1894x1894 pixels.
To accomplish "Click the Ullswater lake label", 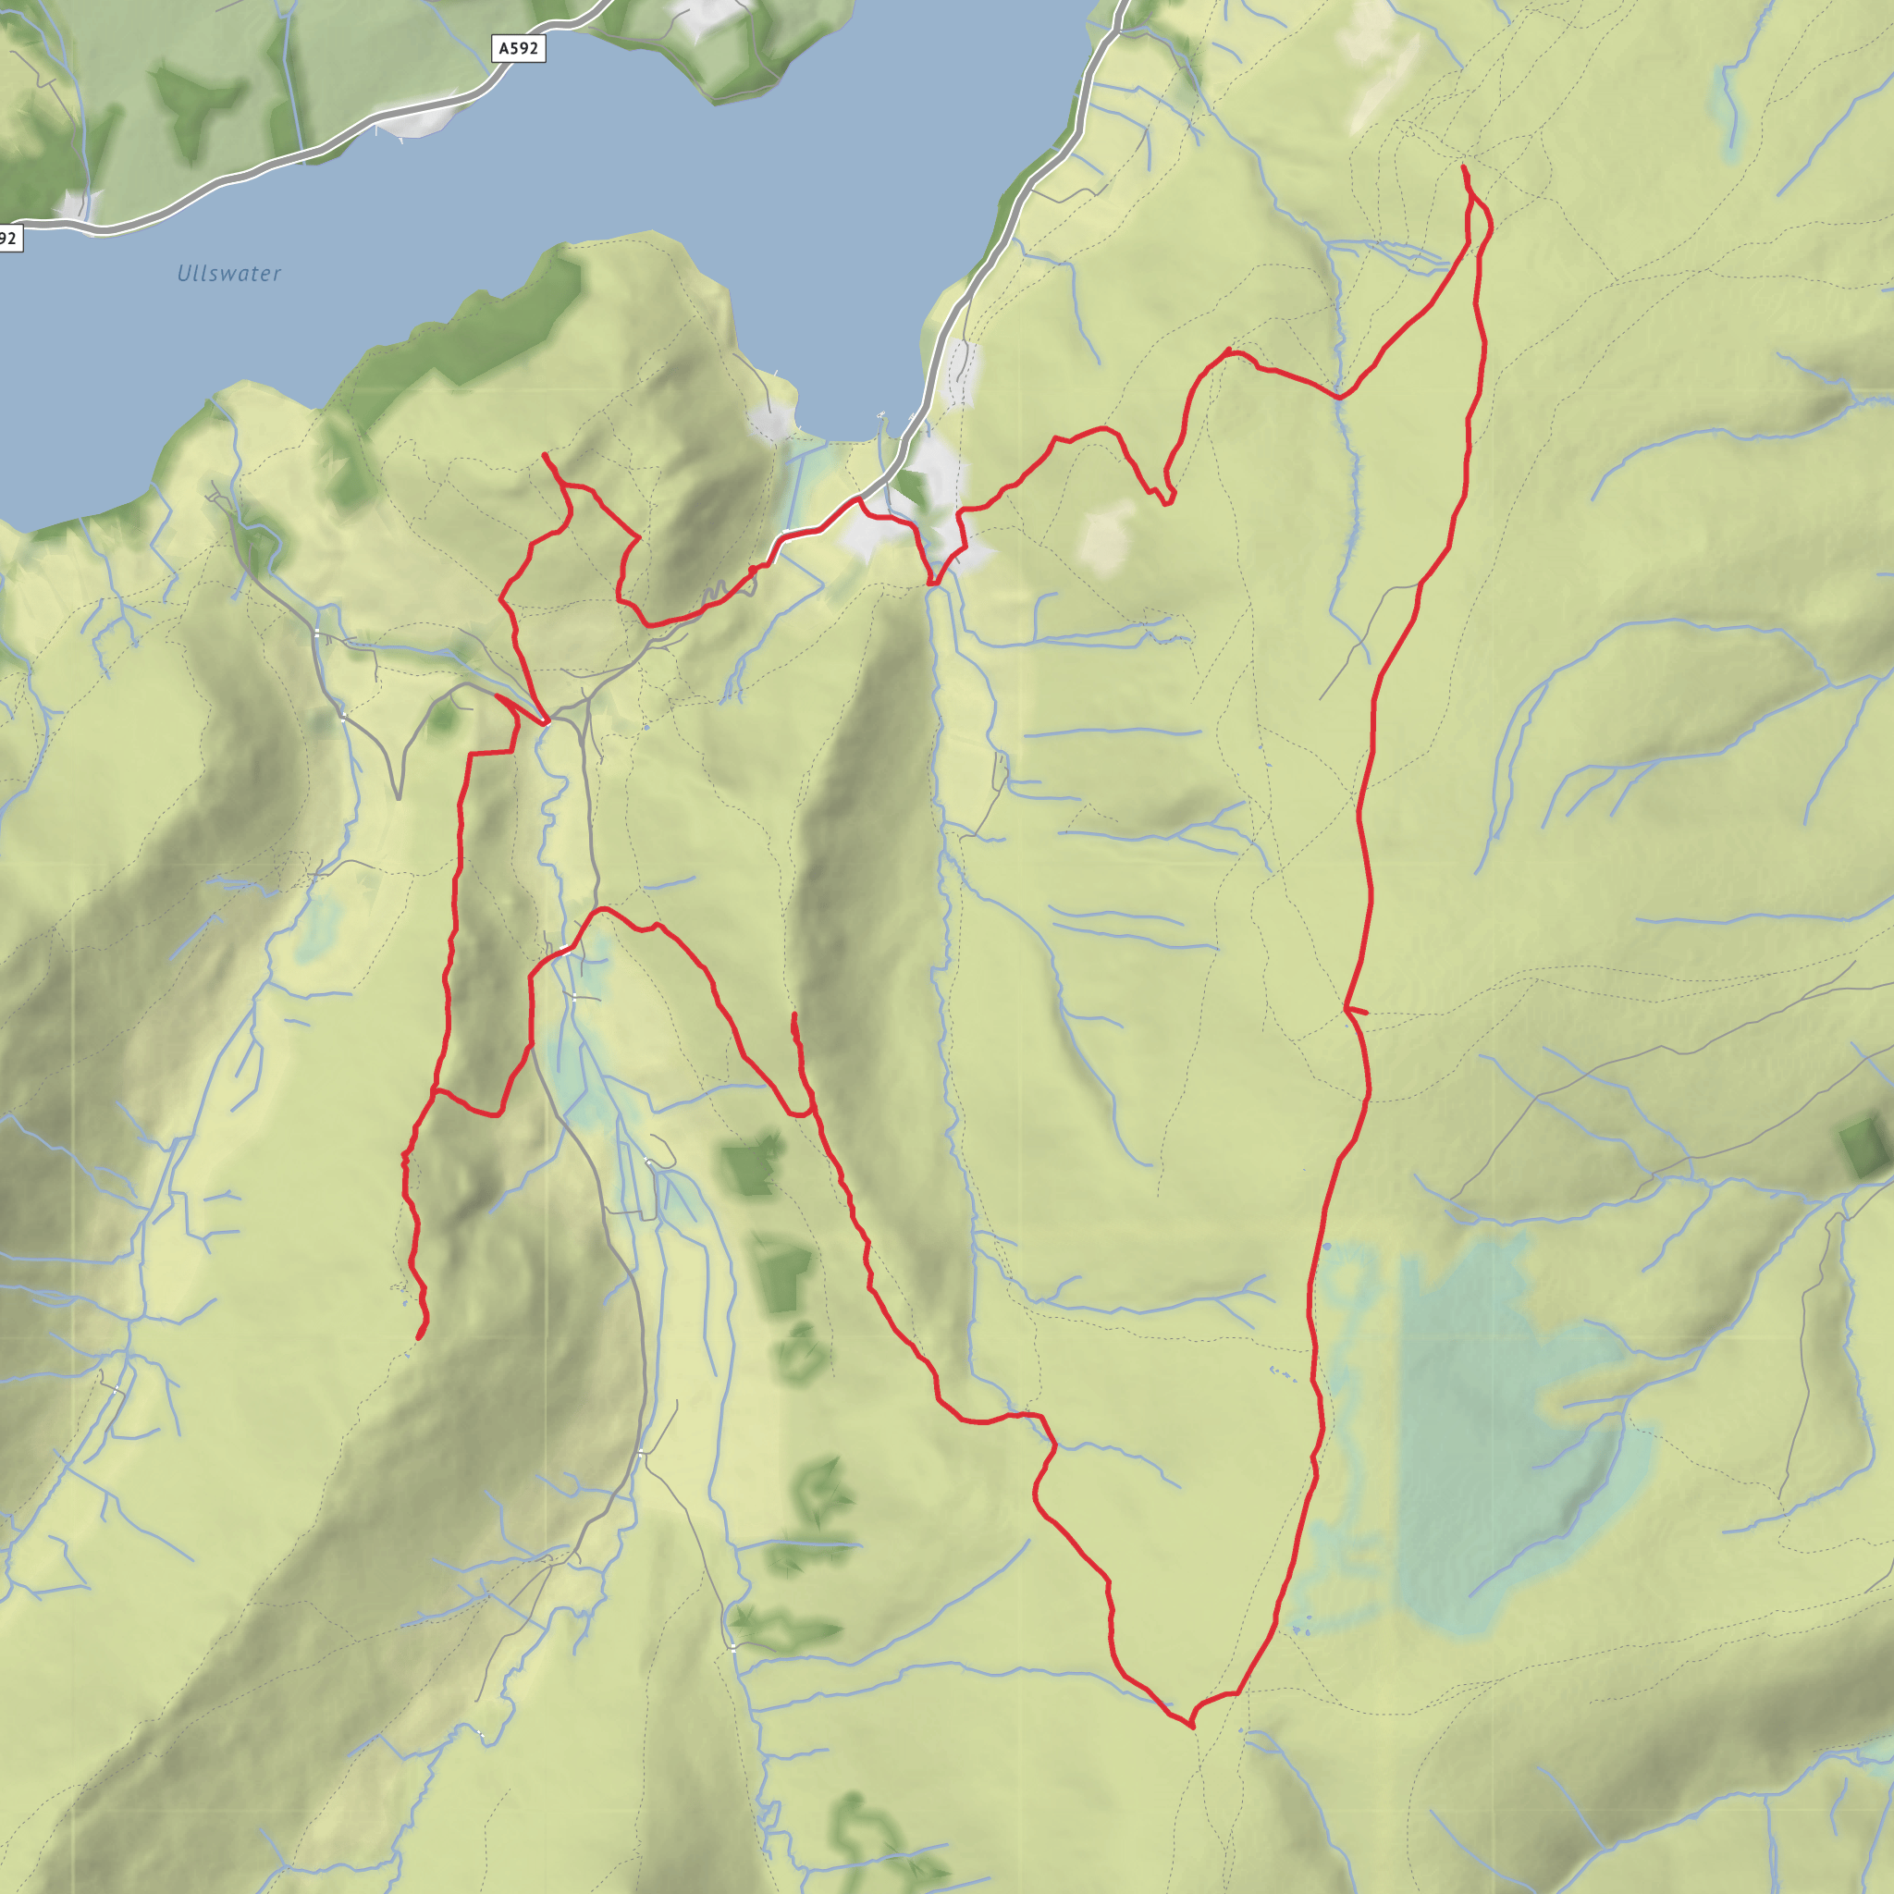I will pos(228,274).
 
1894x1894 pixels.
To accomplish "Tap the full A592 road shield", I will pos(518,48).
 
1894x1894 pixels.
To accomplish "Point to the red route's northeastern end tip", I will pos(1463,167).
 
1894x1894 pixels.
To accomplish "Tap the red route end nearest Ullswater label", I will pos(544,455).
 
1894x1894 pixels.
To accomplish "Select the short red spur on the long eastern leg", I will pos(1357,1010).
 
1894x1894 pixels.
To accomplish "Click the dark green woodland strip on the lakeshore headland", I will pos(471,333).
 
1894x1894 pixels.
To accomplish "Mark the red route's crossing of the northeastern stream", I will pos(1339,397).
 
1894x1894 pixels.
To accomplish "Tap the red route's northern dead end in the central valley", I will pos(793,1015).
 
